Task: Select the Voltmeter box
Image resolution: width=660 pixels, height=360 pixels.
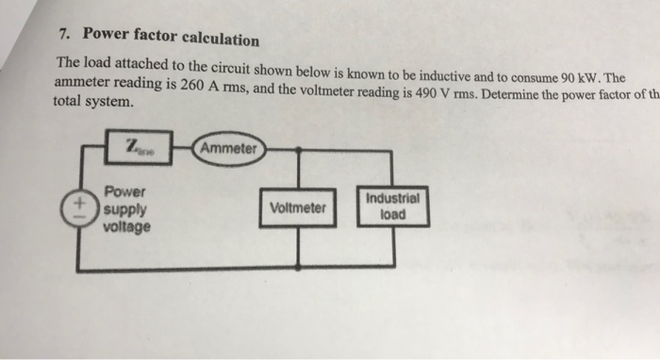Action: coord(298,207)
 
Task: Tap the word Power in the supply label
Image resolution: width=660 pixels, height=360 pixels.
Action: coord(124,189)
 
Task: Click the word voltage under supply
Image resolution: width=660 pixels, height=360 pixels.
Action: coord(126,227)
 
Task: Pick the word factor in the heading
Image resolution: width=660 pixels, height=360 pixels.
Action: coord(141,38)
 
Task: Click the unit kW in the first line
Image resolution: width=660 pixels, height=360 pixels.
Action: coord(588,76)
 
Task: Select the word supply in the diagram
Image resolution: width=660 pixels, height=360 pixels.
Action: coord(124,208)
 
